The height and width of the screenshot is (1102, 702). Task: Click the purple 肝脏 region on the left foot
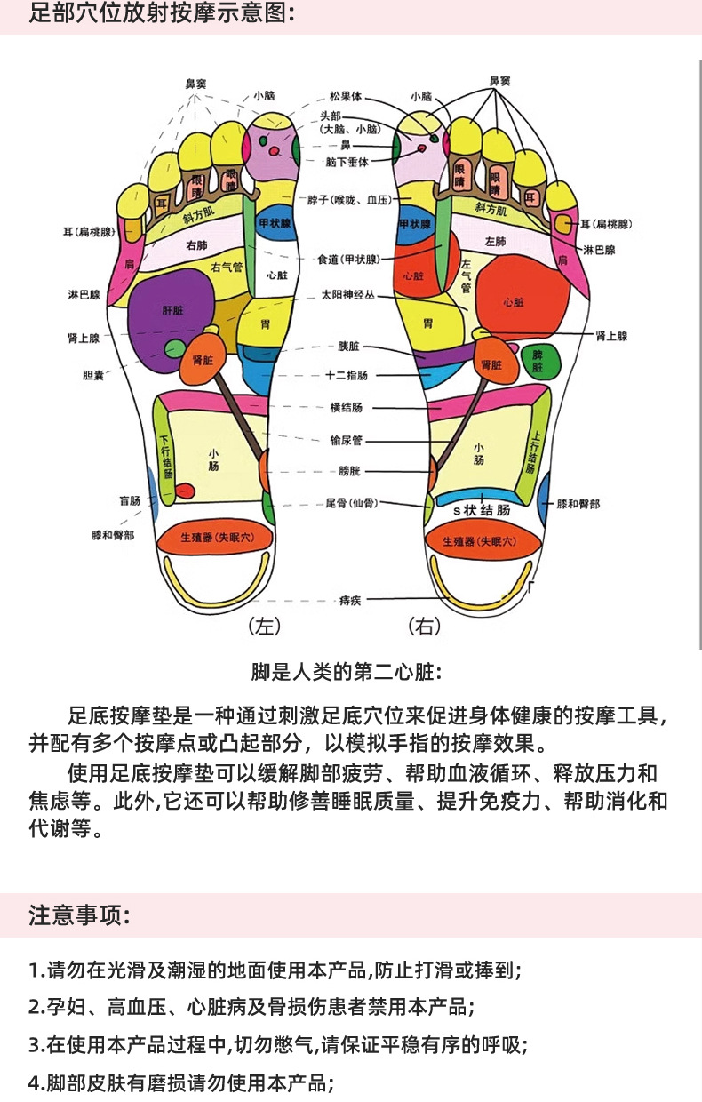[172, 313]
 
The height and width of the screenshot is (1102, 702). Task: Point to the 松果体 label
[344, 96]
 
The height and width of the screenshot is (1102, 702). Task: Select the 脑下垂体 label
[347, 161]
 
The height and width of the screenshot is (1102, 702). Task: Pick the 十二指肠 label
[347, 376]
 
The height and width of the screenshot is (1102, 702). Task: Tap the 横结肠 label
[347, 407]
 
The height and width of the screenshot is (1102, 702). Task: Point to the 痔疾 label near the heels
[349, 600]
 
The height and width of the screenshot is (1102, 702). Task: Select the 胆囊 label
[93, 375]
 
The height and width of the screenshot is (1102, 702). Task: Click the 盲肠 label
[130, 500]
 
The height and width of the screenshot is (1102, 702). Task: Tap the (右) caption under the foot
[424, 627]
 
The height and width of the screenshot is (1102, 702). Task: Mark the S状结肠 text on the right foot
[482, 510]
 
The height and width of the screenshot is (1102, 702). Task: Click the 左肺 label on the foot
[495, 241]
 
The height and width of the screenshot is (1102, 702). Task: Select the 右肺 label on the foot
[196, 244]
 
